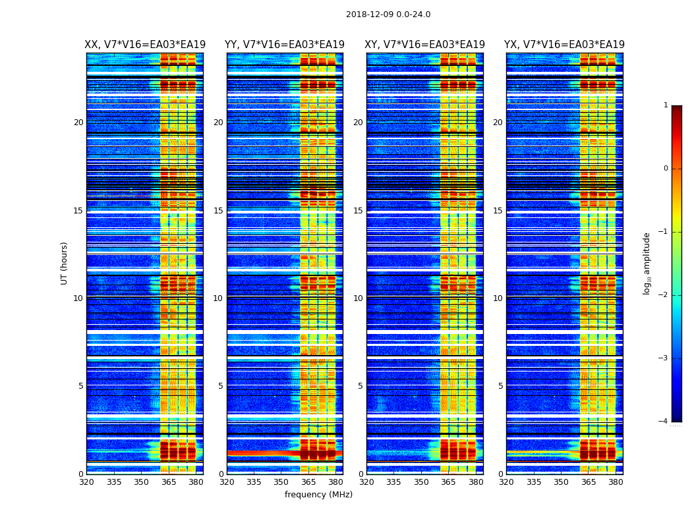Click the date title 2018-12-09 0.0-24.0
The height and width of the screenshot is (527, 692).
point(388,14)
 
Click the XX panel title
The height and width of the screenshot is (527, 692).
point(145,45)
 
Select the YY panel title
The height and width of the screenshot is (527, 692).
point(285,45)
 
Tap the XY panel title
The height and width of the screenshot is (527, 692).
point(425,45)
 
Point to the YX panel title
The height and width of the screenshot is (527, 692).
point(564,45)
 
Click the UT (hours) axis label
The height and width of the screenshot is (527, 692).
point(64,263)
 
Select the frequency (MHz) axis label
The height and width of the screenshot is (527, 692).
point(318,495)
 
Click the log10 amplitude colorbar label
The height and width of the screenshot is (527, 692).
point(647,263)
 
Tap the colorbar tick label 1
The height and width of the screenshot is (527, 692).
point(665,105)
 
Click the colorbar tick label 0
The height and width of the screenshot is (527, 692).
point(665,169)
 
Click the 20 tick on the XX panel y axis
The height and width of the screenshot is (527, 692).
point(78,123)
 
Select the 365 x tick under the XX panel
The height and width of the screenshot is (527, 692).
point(169,482)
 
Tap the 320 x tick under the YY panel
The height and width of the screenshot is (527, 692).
point(227,482)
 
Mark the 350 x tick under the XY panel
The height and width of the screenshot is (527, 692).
point(420,482)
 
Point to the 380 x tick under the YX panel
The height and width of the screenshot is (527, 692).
point(616,482)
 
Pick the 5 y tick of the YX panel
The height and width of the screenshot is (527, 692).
point(500,386)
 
